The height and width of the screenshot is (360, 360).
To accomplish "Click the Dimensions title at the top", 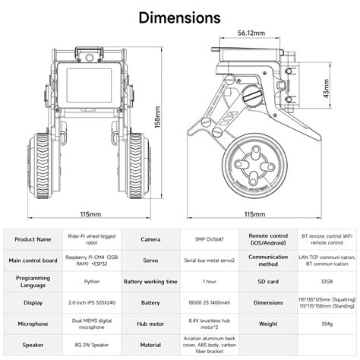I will pyautogui.click(x=180, y=17).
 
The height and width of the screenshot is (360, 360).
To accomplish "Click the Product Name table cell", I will pyautogui.click(x=32, y=238).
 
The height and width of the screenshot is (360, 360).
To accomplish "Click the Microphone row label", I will pyautogui.click(x=32, y=324).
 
